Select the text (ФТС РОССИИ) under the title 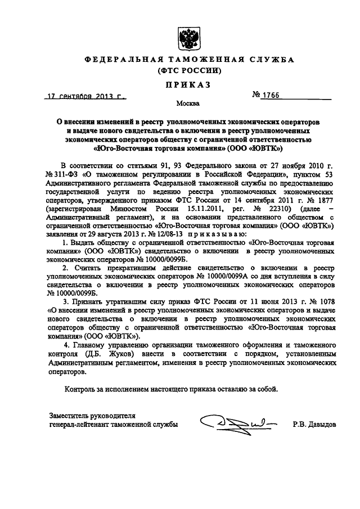(186, 71)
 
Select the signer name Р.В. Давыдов (314, 425)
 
